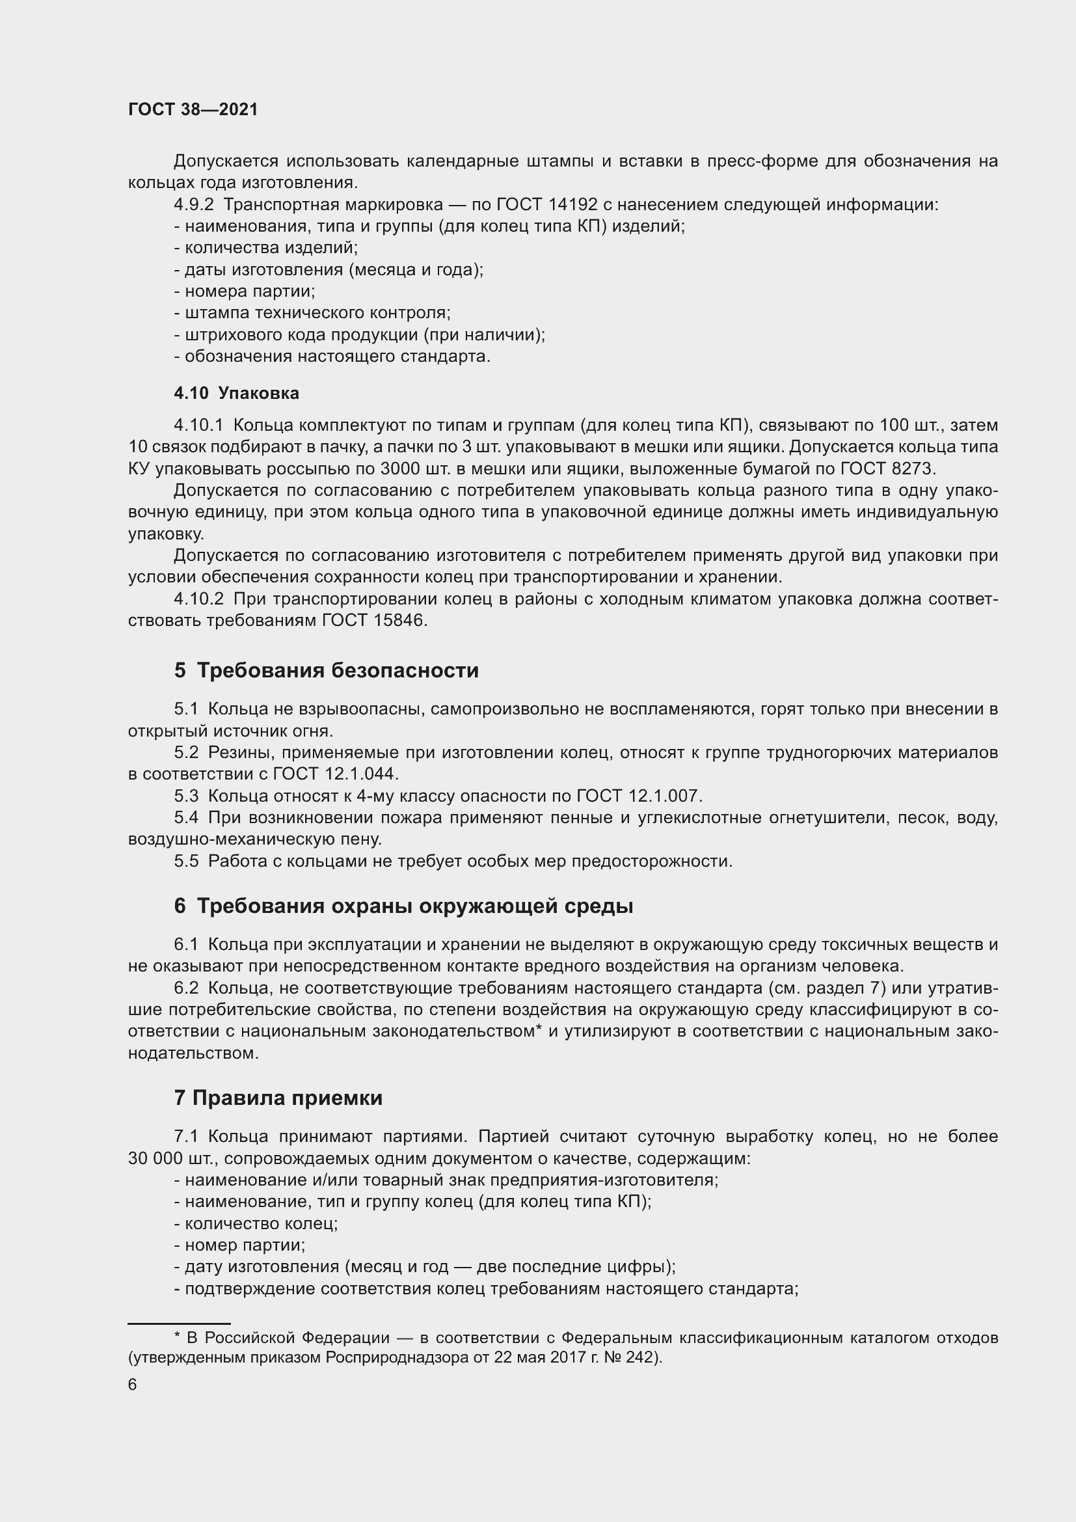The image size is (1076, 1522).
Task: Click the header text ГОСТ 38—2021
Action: tap(193, 109)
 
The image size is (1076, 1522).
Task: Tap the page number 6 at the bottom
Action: tap(133, 1385)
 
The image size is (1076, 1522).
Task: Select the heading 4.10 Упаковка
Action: tap(236, 393)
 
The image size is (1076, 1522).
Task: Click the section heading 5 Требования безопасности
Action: tap(326, 670)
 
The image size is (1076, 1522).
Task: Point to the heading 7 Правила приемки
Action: tap(278, 1098)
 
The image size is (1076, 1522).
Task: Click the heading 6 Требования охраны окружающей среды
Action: tap(403, 906)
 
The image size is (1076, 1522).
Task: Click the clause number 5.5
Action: tap(186, 861)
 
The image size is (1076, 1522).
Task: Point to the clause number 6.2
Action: tap(186, 988)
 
